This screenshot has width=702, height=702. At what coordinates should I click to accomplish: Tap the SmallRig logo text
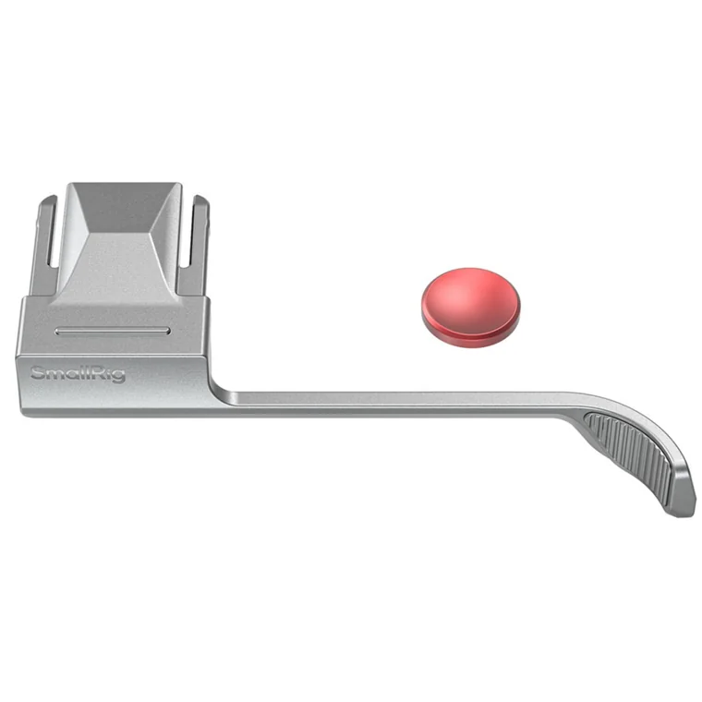tap(78, 374)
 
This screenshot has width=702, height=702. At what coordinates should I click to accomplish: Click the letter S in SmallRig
tap(37, 373)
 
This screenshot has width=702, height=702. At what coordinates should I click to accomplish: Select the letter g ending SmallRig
tap(118, 377)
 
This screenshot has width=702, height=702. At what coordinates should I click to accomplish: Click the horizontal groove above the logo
tap(112, 332)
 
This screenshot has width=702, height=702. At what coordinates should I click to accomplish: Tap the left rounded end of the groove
tap(57, 332)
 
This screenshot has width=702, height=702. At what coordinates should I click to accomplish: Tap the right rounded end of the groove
tap(167, 332)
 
